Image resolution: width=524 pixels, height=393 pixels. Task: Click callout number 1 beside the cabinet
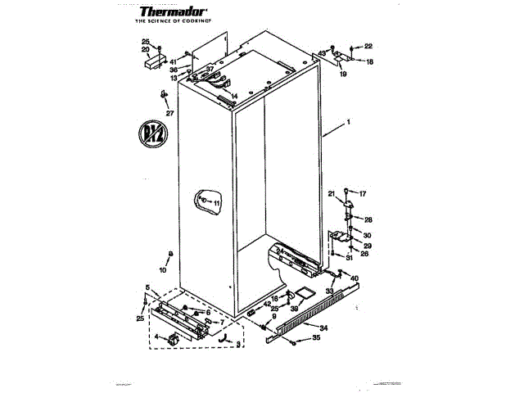[x=348, y=123]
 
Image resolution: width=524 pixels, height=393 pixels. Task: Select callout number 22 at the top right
[x=368, y=46]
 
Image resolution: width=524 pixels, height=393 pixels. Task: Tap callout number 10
[x=161, y=269]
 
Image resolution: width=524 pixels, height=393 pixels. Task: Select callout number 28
[x=368, y=219]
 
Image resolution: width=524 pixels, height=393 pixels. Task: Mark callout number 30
[x=368, y=236]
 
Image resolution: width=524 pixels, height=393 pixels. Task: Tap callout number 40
[x=355, y=279]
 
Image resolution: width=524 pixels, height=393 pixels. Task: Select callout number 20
[x=145, y=50]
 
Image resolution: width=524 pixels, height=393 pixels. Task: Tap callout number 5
[x=147, y=287]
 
